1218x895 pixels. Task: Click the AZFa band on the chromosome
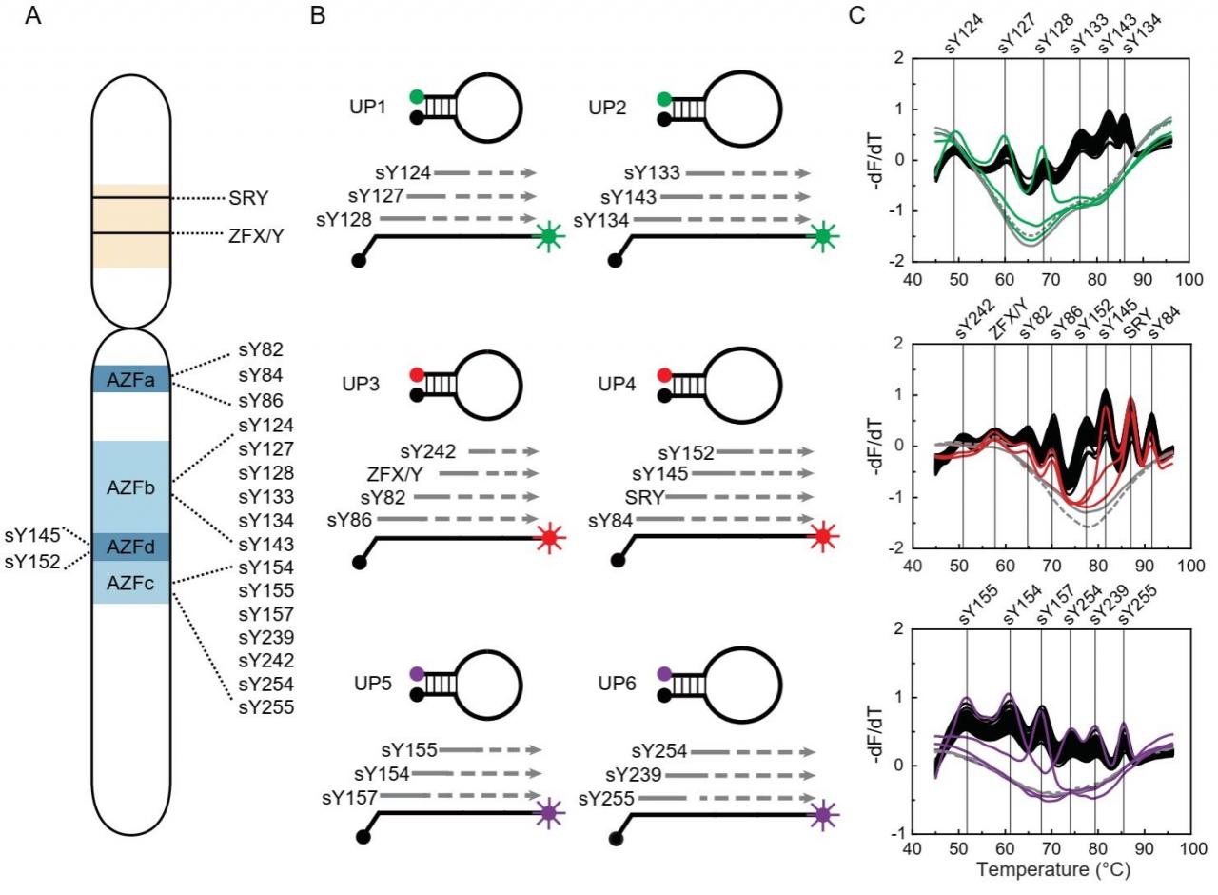131,379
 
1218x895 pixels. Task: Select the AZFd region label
130,547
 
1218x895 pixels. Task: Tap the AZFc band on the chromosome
131,583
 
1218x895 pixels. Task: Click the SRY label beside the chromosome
248,198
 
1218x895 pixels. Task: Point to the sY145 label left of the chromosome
32,535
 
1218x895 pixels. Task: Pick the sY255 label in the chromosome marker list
265,707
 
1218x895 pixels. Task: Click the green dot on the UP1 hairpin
417,97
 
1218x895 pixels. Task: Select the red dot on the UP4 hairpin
664,375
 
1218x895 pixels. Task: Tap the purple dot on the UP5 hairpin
417,673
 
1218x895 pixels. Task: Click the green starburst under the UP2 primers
823,236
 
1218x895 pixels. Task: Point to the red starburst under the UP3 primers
550,538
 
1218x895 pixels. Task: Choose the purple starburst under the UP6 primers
823,814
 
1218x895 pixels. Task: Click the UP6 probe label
617,684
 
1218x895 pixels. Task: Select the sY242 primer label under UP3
428,451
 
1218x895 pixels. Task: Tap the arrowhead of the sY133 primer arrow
804,173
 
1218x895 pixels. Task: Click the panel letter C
856,15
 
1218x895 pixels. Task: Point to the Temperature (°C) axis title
1052,869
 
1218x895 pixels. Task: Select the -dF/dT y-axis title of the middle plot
878,445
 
